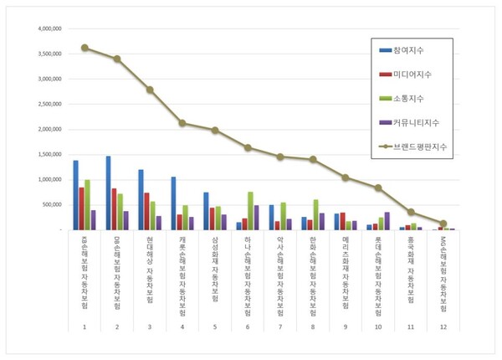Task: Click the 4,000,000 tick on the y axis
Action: tap(47, 28)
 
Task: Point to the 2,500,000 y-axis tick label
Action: tap(47, 104)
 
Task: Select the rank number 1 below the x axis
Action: tap(85, 326)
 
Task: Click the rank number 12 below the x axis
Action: tap(443, 326)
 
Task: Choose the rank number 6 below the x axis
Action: tap(248, 326)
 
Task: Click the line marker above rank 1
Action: tap(85, 48)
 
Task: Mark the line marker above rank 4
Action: tap(182, 123)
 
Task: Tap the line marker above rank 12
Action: tap(443, 224)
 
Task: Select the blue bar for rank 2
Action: tap(108, 193)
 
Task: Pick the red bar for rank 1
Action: tap(81, 208)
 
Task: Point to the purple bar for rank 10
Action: tap(387, 220)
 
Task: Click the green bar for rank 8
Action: tap(316, 214)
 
